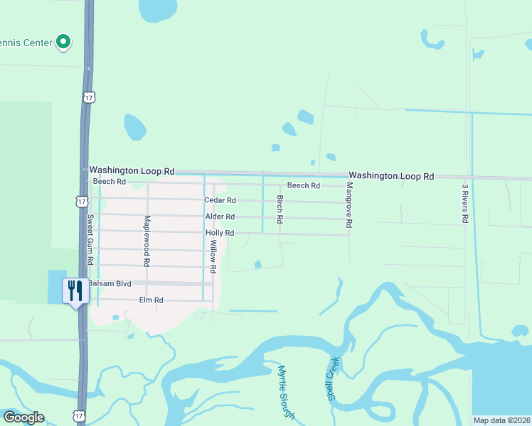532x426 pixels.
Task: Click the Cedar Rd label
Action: tap(220, 200)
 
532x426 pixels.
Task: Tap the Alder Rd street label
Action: tap(219, 217)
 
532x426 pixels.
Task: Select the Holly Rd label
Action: tap(219, 233)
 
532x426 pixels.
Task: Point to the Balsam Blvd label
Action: tap(110, 283)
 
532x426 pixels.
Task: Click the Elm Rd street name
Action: tap(151, 300)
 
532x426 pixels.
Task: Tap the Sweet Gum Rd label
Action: tap(90, 239)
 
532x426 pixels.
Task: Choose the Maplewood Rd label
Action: tap(147, 240)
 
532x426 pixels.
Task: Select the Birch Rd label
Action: tap(280, 208)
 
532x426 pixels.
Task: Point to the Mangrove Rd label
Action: tap(349, 204)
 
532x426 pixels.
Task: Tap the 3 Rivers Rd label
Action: tap(464, 204)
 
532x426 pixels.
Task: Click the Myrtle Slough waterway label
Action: tap(286, 392)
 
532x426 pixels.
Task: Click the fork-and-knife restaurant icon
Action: tap(75, 290)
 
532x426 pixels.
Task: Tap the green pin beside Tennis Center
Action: tap(64, 43)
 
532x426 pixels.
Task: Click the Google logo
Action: tap(23, 417)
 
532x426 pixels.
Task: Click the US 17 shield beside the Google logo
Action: tap(78, 414)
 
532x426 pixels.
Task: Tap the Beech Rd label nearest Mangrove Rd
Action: tap(303, 185)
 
